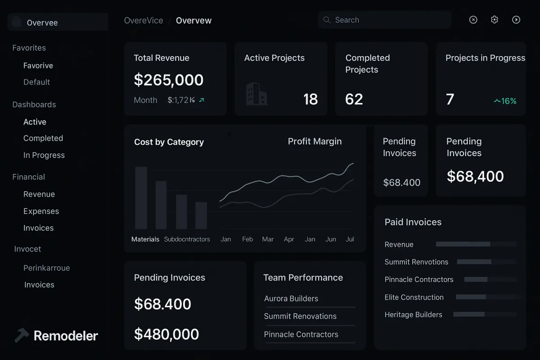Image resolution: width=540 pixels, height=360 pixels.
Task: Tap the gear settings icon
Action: (x=495, y=20)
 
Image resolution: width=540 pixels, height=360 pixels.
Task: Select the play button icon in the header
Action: (x=516, y=20)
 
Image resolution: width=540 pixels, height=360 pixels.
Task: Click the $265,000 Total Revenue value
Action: (x=169, y=80)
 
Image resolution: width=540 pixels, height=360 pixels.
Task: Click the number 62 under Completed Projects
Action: (x=354, y=99)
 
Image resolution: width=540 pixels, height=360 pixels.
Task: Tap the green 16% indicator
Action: (x=505, y=101)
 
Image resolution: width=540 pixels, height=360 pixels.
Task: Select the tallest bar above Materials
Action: (x=141, y=198)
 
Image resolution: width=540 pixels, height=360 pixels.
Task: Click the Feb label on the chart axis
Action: (x=247, y=239)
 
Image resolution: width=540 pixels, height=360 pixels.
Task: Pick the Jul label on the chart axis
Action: (x=350, y=239)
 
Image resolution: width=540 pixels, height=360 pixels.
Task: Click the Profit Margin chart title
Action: (x=315, y=142)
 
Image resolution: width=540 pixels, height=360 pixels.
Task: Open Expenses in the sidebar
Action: (x=41, y=211)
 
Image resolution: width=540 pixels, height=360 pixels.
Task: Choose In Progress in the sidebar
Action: (x=44, y=155)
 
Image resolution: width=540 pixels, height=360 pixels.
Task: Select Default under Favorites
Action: (x=36, y=82)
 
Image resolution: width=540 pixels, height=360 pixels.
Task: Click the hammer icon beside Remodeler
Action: (x=22, y=335)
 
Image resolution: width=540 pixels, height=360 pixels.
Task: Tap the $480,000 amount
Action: (x=166, y=334)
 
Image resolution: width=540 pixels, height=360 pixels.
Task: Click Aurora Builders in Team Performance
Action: (x=291, y=299)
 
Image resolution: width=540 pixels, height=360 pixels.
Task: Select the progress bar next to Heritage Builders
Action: (x=468, y=315)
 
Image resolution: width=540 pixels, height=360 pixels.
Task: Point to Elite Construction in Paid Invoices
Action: (x=414, y=297)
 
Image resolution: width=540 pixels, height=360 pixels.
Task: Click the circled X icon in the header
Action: (x=473, y=20)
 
